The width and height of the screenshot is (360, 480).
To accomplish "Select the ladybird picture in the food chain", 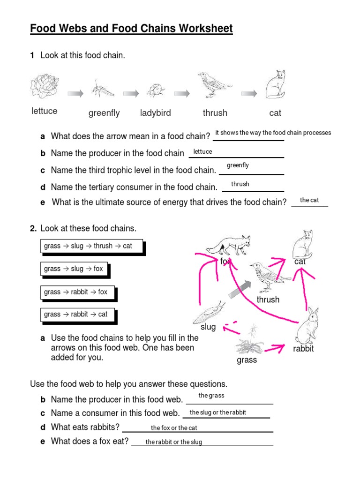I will click(x=156, y=90).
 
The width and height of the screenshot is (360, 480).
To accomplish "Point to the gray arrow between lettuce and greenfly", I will click(x=75, y=94).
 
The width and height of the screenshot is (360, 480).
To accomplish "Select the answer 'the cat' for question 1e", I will click(x=309, y=200).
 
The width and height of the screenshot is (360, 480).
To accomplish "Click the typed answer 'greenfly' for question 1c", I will click(x=238, y=165).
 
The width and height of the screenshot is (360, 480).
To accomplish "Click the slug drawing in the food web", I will click(x=209, y=311).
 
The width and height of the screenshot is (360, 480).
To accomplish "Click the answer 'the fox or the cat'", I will click(x=174, y=428).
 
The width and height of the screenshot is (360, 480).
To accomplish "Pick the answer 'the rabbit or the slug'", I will click(x=174, y=442).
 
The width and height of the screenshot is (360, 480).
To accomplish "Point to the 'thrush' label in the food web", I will click(x=268, y=300).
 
